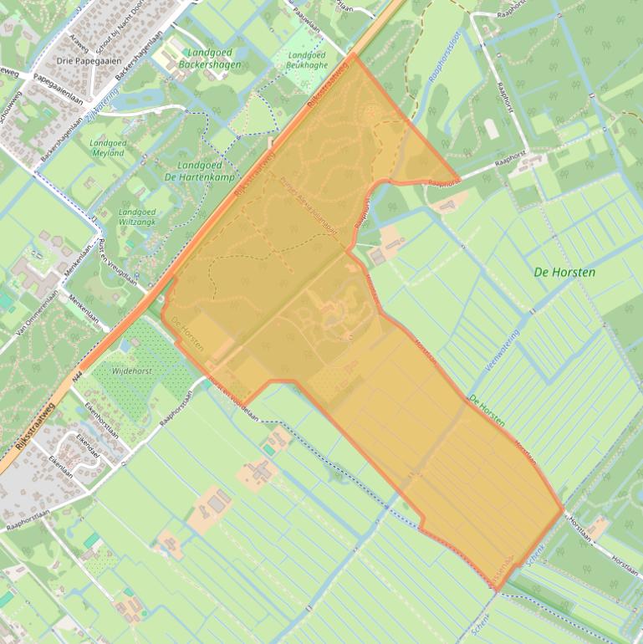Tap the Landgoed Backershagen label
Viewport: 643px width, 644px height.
[x=210, y=59]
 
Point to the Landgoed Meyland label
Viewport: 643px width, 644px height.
[x=107, y=148]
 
